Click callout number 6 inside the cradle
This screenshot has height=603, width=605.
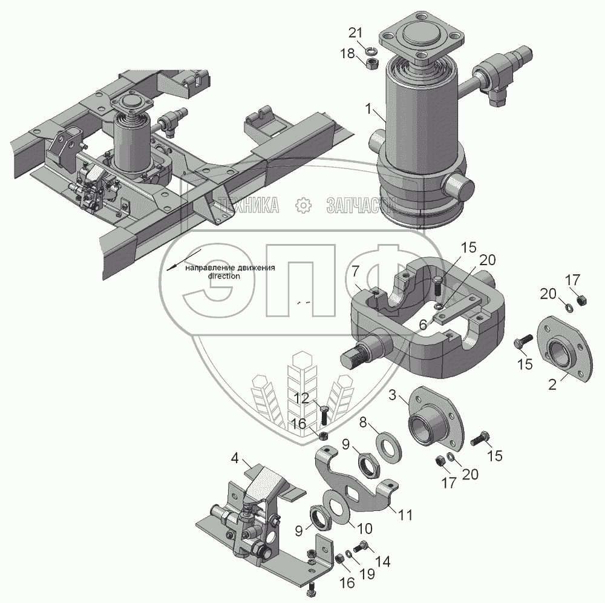pyautogui.click(x=424, y=325)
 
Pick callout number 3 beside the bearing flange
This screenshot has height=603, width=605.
pyautogui.click(x=393, y=397)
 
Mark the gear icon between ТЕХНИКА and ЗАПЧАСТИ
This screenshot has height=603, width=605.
pyautogui.click(x=302, y=206)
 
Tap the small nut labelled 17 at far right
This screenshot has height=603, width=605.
pyautogui.click(x=581, y=300)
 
